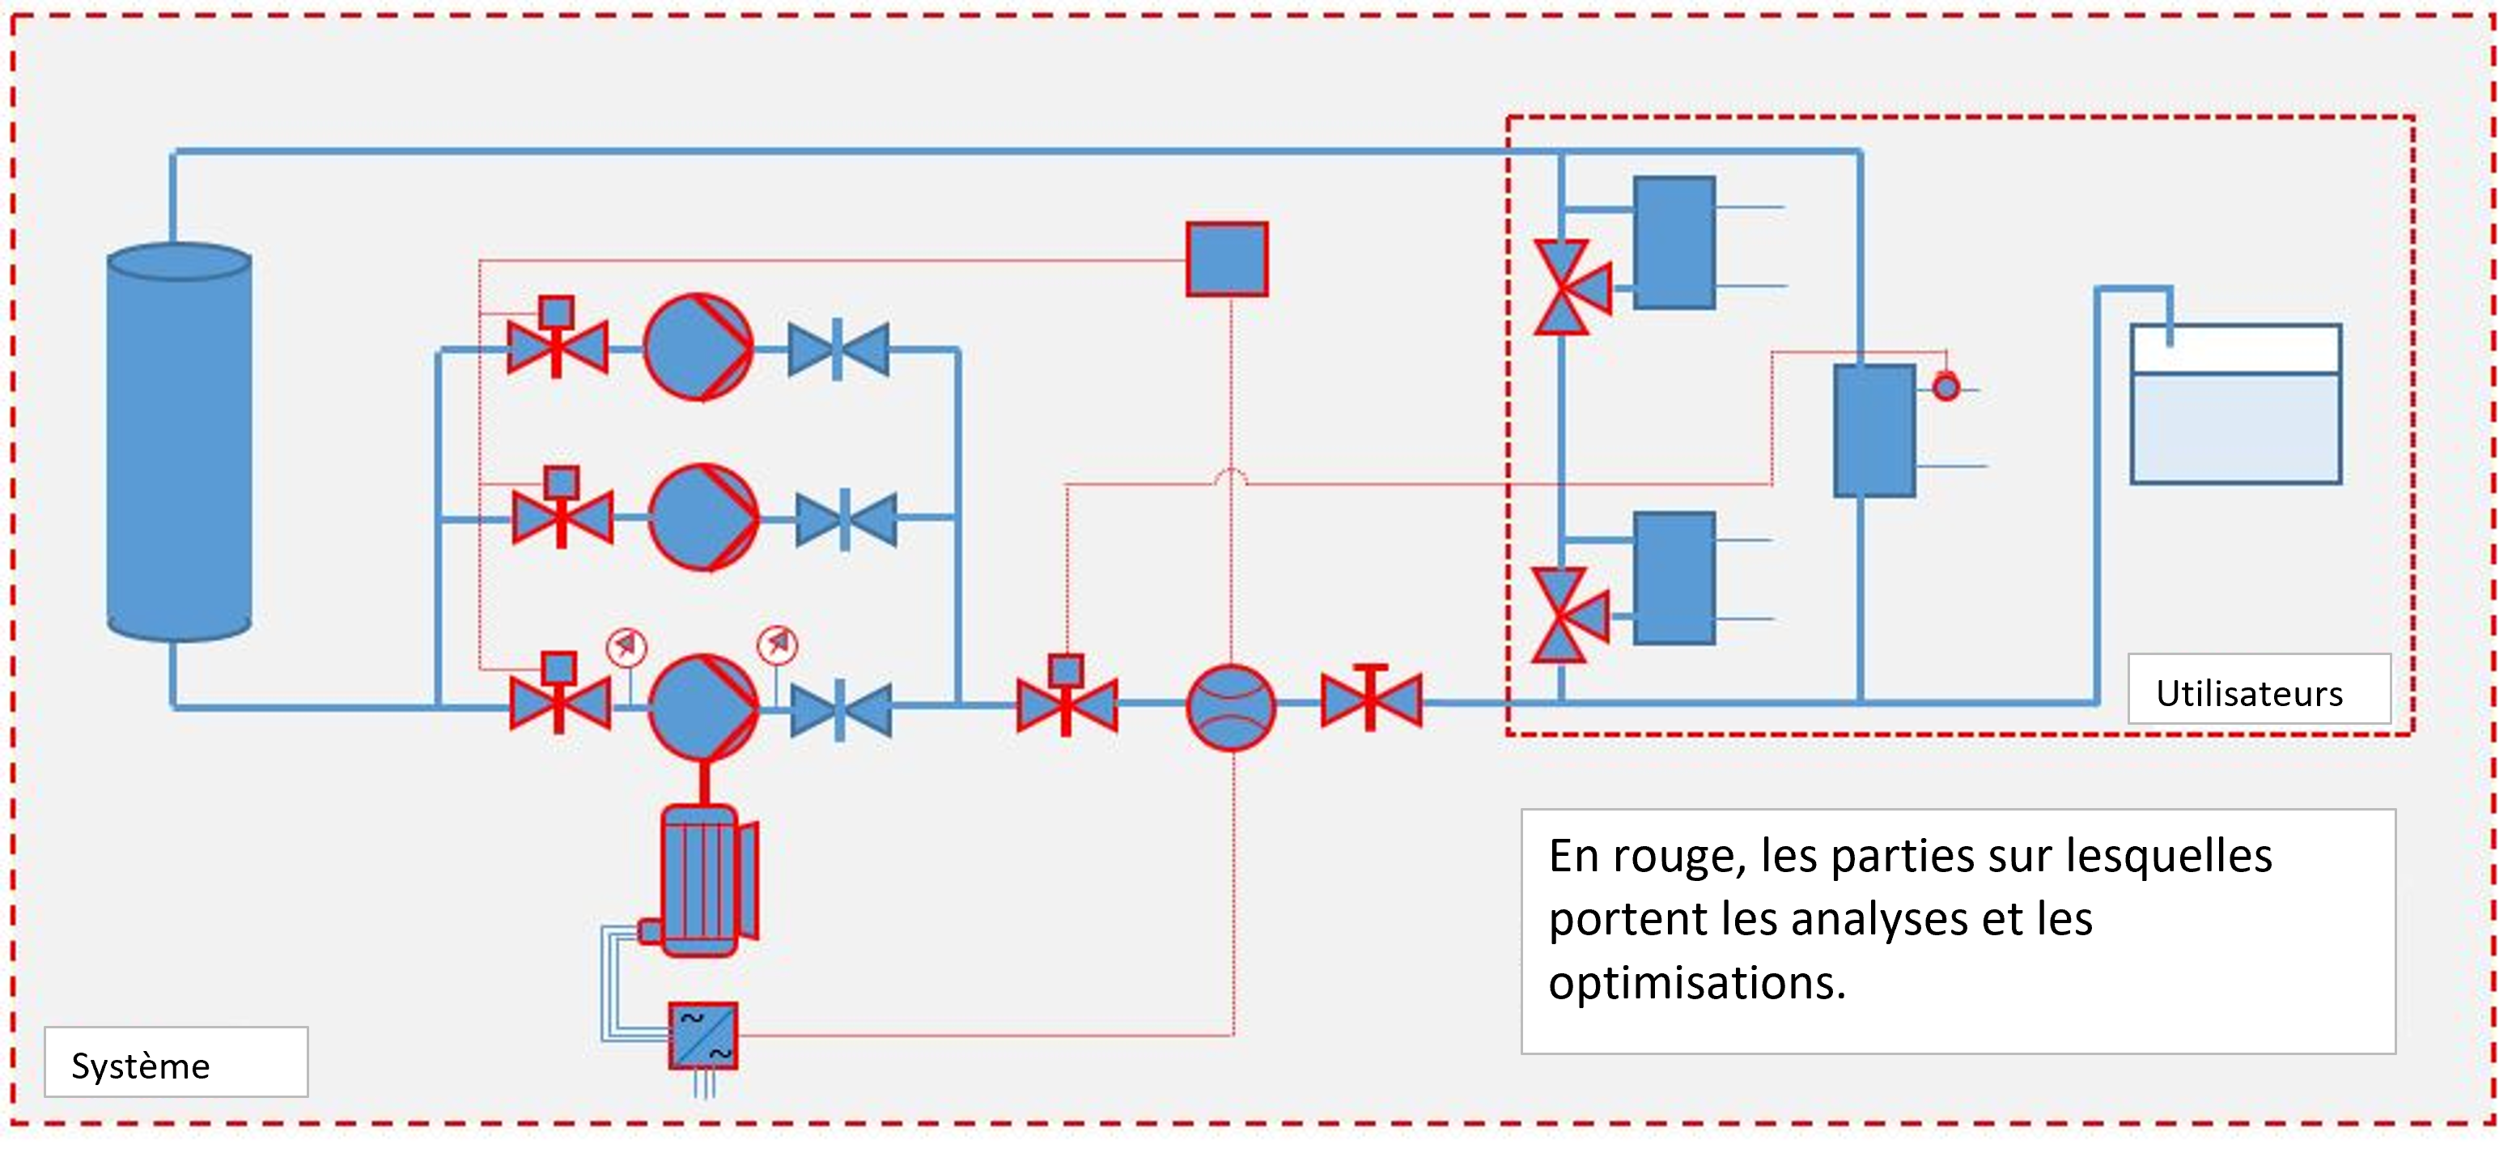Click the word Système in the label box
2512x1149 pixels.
pos(141,1066)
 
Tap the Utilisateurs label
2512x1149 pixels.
pos(2249,693)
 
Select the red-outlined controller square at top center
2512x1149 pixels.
pos(1227,258)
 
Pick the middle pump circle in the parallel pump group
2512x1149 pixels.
pos(703,517)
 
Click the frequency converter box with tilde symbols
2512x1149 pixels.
pos(703,1036)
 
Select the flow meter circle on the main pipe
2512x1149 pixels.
pos(1231,707)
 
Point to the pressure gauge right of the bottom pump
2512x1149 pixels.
pos(777,645)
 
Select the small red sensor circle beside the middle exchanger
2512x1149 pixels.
pos(1946,387)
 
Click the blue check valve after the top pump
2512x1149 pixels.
pos(838,349)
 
